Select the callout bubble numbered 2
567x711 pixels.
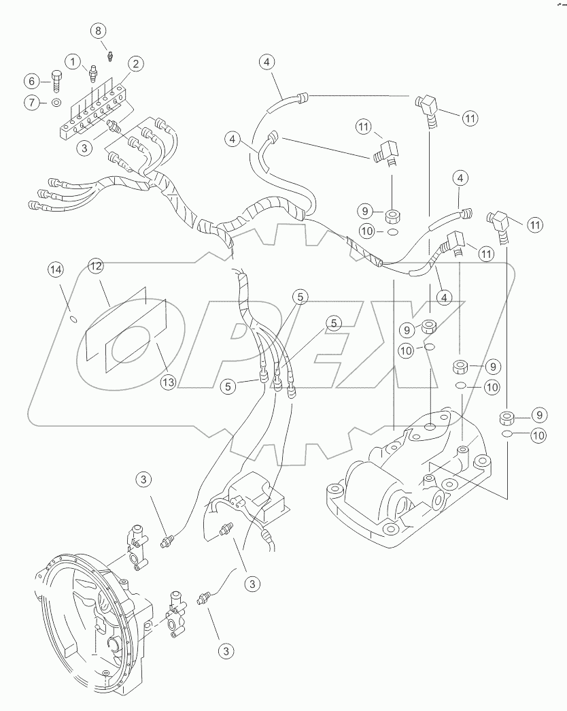[136, 65]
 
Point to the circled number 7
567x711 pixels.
[32, 102]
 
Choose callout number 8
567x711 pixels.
[99, 31]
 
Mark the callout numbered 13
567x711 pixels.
[168, 382]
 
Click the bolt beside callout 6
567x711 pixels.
[55, 82]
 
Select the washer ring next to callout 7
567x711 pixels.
[56, 103]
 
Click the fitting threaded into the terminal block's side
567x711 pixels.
[113, 126]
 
